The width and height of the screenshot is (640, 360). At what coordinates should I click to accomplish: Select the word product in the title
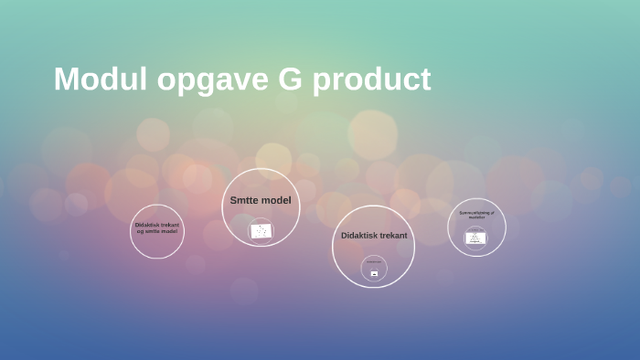372,79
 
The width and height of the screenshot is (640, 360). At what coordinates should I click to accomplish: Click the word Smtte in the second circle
244,200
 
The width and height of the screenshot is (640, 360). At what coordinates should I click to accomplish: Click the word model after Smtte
277,200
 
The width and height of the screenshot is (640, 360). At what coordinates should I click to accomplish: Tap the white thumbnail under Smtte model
261,230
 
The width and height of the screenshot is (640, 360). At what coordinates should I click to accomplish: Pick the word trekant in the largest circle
395,236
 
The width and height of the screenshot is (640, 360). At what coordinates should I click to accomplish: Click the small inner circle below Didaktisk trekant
374,268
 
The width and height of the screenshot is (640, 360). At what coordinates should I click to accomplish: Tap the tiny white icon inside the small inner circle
374,273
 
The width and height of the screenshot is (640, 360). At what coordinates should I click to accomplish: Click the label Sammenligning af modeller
476,215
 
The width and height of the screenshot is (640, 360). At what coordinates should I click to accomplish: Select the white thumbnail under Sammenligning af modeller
475,238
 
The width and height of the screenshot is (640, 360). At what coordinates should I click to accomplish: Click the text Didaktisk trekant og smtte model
157,228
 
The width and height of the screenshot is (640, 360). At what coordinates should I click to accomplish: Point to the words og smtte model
157,231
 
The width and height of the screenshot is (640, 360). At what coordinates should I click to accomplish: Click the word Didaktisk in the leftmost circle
147,225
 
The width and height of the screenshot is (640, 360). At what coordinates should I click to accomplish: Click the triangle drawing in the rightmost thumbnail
475,238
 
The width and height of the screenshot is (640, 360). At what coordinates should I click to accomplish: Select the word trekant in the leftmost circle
170,225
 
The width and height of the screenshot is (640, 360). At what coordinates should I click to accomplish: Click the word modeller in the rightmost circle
476,217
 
